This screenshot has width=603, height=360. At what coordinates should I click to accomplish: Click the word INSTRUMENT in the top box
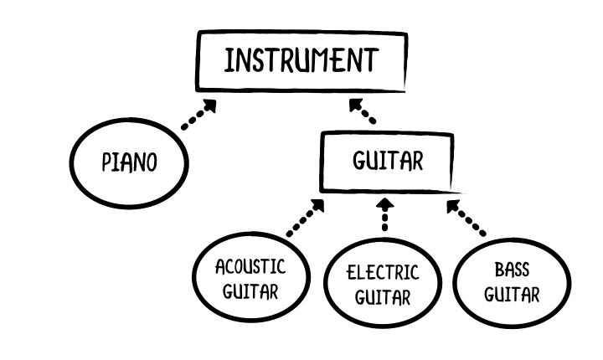point(301,60)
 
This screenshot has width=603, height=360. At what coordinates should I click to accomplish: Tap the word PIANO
point(129,162)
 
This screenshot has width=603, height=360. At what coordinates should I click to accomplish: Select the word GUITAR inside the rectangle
point(388,161)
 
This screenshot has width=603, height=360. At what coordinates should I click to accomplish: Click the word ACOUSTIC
point(250,266)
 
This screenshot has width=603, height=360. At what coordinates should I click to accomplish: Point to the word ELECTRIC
point(382,272)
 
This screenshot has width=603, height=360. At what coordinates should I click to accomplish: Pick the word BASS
point(512,270)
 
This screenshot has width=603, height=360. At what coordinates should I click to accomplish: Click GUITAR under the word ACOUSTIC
point(250,291)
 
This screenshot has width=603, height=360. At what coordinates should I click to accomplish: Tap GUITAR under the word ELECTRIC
point(382,297)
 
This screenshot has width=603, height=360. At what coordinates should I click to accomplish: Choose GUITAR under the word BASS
point(512,295)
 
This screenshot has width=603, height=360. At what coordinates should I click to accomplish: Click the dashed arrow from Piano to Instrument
point(198,114)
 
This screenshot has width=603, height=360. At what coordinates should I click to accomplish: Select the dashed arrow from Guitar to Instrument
point(363,111)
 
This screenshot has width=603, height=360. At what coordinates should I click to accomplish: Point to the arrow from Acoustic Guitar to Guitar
point(306,218)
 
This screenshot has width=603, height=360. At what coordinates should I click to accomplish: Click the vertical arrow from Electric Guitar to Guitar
point(385,214)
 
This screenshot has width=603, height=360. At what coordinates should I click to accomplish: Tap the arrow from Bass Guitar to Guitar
point(466,218)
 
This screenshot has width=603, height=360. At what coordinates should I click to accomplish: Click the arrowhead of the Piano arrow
point(210,105)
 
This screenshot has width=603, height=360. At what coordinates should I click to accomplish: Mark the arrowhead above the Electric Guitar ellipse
point(385,203)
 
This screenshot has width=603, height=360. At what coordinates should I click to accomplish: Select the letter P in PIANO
point(106,162)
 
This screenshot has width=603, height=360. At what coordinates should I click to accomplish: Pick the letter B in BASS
point(499,270)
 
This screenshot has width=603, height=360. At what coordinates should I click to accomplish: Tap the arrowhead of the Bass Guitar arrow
point(452,206)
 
